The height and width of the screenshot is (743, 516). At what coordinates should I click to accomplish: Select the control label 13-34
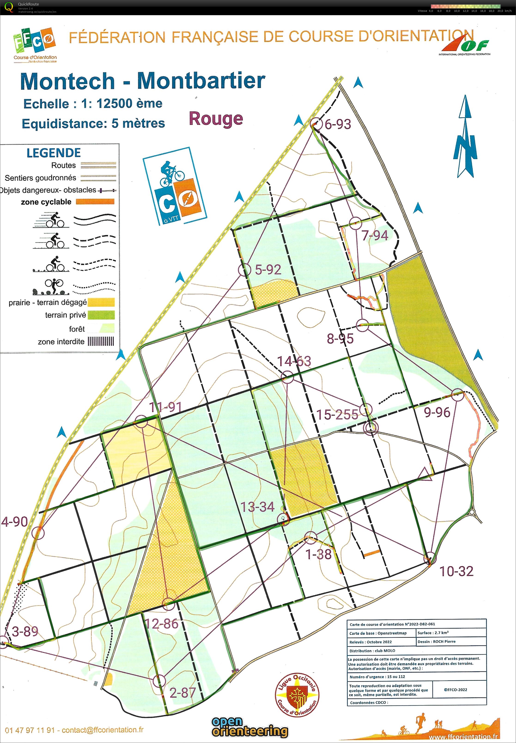(257, 507)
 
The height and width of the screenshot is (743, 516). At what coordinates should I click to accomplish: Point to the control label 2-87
(183, 693)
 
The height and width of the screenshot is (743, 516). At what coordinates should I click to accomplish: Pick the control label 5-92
(268, 270)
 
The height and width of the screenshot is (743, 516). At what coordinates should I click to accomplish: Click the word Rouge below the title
(216, 119)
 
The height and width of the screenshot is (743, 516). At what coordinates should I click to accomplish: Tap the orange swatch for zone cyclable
(95, 202)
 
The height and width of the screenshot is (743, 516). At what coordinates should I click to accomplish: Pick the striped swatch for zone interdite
(101, 341)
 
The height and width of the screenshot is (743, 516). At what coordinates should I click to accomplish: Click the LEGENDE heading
(54, 153)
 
